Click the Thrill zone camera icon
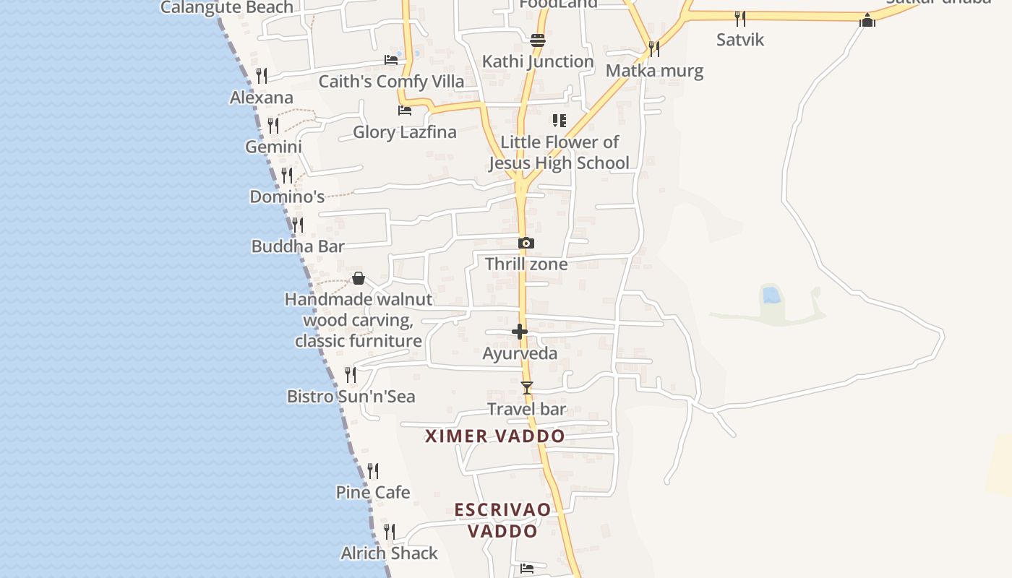coord(526,243)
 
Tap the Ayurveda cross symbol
coord(520,332)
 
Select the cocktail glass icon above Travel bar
coord(527,388)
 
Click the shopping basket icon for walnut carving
coord(358,278)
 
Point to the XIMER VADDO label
coord(495,436)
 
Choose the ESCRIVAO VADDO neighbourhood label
coord(502,520)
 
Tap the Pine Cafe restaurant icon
coord(373,471)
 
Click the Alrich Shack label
coord(389,553)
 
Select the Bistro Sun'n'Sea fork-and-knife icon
coord(351,374)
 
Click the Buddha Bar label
coord(298,246)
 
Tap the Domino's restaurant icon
coord(287,176)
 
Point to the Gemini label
coord(273,147)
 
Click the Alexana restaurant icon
coord(262,75)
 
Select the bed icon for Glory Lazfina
coord(405,111)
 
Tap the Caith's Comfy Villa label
coord(391,82)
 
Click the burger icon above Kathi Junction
coord(537,40)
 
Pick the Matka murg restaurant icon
coord(653,49)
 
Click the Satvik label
coord(740,40)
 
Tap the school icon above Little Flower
coord(559,120)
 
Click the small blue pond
coord(771,295)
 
